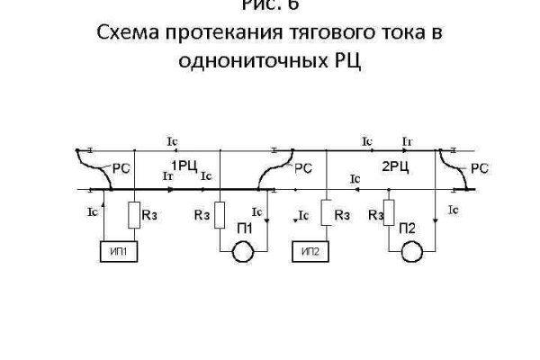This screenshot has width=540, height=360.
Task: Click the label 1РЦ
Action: (x=185, y=165)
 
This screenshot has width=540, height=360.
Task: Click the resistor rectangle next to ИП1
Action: (x=132, y=216)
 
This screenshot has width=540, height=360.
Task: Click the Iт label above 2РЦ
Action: (x=407, y=141)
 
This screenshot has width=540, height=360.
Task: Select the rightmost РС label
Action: (x=479, y=167)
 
